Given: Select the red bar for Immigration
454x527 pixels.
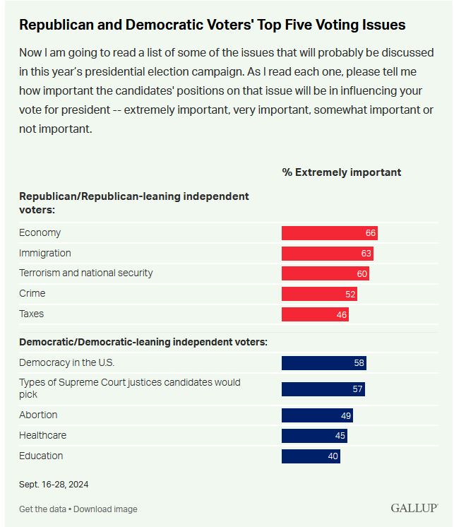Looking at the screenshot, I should point(327,254).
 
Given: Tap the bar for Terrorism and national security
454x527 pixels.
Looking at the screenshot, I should point(325,273).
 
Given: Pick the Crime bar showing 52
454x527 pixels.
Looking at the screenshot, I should point(319,294).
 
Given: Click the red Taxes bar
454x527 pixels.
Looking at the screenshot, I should point(315,314).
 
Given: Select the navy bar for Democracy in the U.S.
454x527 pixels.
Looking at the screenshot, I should point(323,363).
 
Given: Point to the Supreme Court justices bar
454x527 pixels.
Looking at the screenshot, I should point(323,389).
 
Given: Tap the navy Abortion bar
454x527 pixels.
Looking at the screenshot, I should point(317,415).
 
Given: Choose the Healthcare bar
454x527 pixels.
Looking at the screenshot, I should point(314,436).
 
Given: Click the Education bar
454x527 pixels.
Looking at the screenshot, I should point(311,456).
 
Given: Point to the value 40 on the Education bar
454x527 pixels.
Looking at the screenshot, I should point(333,456).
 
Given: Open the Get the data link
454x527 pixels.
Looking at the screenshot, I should point(43,509).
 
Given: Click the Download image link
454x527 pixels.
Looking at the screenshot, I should point(105,509).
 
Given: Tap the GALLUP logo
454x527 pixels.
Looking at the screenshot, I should point(414,509).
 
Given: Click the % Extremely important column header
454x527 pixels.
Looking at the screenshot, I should point(341,172).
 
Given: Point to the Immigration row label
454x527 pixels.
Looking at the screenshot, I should point(45,253).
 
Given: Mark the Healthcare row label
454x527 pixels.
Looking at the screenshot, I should point(42,435).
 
